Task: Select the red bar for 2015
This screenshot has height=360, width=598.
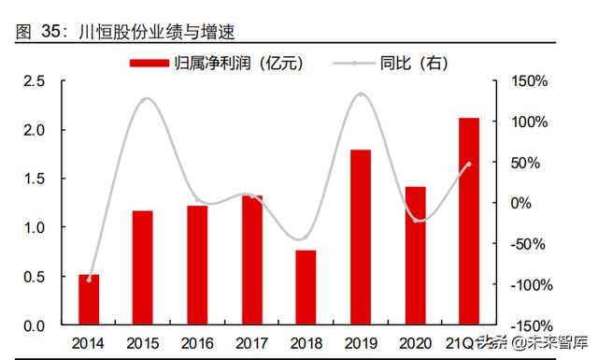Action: coord(143,267)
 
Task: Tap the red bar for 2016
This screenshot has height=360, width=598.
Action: coord(197,266)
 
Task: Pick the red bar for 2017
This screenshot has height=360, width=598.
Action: coord(252,261)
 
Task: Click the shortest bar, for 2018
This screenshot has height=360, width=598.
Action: coord(306,287)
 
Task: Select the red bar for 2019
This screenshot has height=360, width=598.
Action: coord(361,238)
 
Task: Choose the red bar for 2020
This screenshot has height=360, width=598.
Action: coord(415,256)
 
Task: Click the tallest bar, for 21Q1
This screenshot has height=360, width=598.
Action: coord(469,222)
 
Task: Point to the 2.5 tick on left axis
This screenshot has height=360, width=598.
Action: coord(35,81)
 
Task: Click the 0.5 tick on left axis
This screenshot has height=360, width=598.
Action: coord(35,277)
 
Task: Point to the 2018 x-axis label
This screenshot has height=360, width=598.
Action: coord(306,342)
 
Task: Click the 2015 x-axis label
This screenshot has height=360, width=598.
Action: coord(143,342)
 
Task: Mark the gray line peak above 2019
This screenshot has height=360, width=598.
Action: coord(361,94)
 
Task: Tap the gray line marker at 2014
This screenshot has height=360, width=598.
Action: coord(89,280)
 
